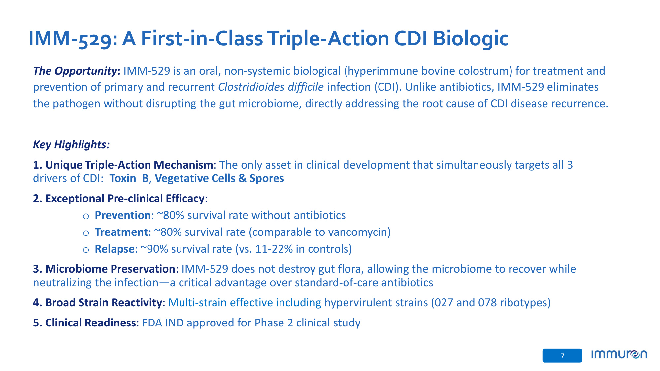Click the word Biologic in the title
pos(470,39)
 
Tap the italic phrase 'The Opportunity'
pos(75,71)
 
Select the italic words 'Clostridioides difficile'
pos(271,87)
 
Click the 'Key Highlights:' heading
pos(71,145)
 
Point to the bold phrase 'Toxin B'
pos(129,178)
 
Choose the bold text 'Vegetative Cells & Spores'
pos(219,178)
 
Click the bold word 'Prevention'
pos(123,215)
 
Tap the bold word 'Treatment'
pos(121,232)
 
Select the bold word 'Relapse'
pos(115,249)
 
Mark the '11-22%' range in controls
pos(274,249)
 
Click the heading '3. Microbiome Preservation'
pos(104,269)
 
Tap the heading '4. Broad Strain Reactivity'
pos(97,303)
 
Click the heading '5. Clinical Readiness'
pos(84,323)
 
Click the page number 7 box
pos(562,356)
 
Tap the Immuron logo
pos(619,355)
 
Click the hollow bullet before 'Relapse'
pos(86,250)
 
